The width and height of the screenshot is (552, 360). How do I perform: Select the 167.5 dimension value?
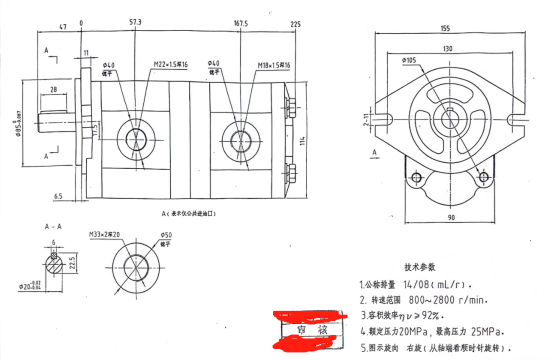[240, 20]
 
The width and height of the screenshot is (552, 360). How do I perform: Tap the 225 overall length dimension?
[295, 21]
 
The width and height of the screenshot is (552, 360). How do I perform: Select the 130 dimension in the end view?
[443, 47]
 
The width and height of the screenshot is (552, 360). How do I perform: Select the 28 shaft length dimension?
[52, 92]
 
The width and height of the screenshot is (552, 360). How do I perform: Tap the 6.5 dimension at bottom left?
[60, 197]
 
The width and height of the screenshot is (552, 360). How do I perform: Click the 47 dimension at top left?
[63, 21]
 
